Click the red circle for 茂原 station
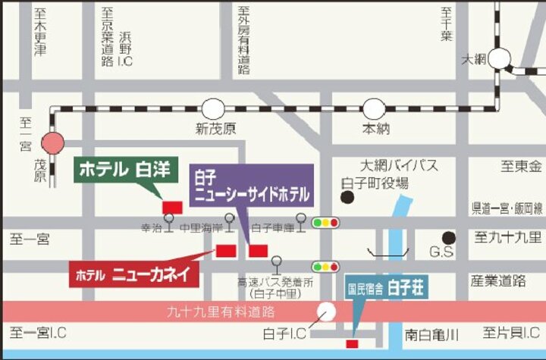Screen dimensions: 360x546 click(53, 142)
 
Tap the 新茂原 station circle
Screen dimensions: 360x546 click(213, 108)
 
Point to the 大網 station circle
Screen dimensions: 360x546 click(500, 58)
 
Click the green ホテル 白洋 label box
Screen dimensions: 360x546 click(125, 168)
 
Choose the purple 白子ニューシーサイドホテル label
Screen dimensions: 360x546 click(250, 185)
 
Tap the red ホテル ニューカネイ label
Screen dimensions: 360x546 click(135, 274)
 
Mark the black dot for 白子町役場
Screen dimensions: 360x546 click(348, 198)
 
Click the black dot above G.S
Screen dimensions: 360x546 click(450, 238)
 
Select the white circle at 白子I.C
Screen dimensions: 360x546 click(327, 311)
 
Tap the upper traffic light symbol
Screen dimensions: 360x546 click(325, 222)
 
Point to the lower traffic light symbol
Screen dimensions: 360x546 click(325, 266)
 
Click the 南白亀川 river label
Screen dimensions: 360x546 click(433, 333)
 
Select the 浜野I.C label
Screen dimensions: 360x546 click(124, 48)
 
